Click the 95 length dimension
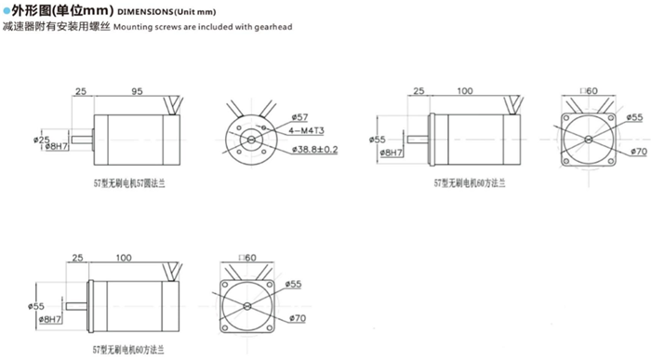tap(137, 92)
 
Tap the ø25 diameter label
tap(42, 139)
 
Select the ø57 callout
tap(299, 116)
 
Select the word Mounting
tap(134, 28)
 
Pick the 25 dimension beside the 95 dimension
tap(81, 92)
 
